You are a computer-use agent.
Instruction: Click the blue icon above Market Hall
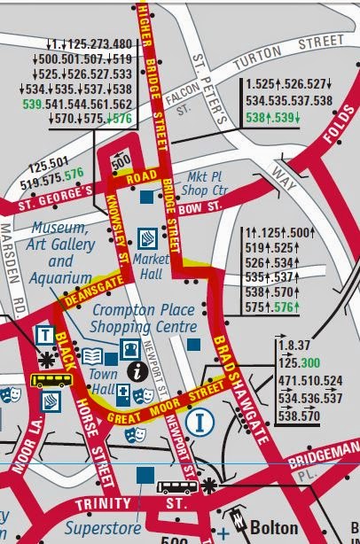click(147, 238)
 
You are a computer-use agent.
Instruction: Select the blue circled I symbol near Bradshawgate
click(201, 422)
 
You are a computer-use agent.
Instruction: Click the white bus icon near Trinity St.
click(177, 486)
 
